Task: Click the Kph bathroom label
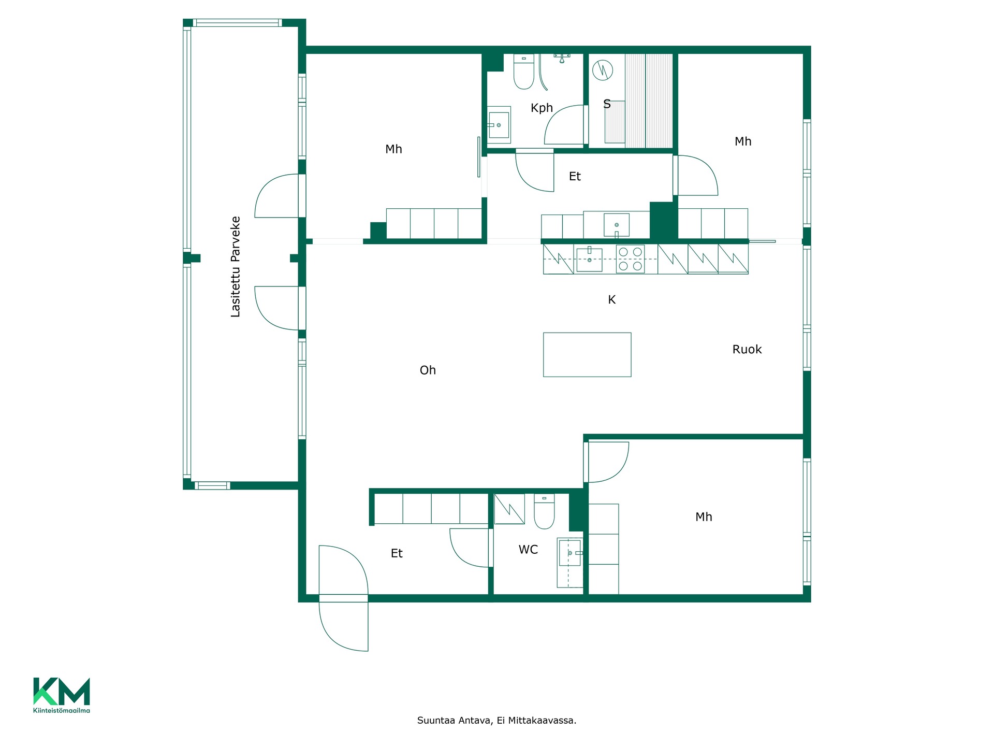[542, 108]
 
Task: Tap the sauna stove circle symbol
[603, 70]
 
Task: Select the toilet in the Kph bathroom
[523, 72]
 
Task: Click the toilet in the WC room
[544, 511]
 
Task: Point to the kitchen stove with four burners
[630, 259]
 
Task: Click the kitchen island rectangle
[587, 354]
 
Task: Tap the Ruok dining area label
[747, 350]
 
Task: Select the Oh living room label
[428, 370]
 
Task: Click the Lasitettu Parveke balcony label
[236, 267]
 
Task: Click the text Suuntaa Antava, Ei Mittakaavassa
[496, 721]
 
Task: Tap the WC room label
[528, 550]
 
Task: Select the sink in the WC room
[570, 553]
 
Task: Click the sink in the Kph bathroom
[499, 125]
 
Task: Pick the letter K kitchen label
[611, 300]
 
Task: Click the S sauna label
[607, 104]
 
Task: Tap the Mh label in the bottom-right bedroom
[704, 517]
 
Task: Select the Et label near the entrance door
[397, 554]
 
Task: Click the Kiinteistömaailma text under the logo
[62, 710]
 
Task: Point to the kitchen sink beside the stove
[589, 260]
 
